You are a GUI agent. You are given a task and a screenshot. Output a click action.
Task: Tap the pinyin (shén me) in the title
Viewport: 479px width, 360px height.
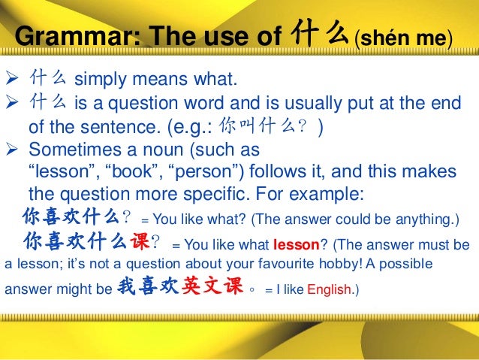coord(404,36)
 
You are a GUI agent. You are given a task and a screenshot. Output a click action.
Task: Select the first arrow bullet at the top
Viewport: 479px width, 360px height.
coord(12,79)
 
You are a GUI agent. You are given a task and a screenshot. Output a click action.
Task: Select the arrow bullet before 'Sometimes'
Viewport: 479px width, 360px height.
coord(12,148)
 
